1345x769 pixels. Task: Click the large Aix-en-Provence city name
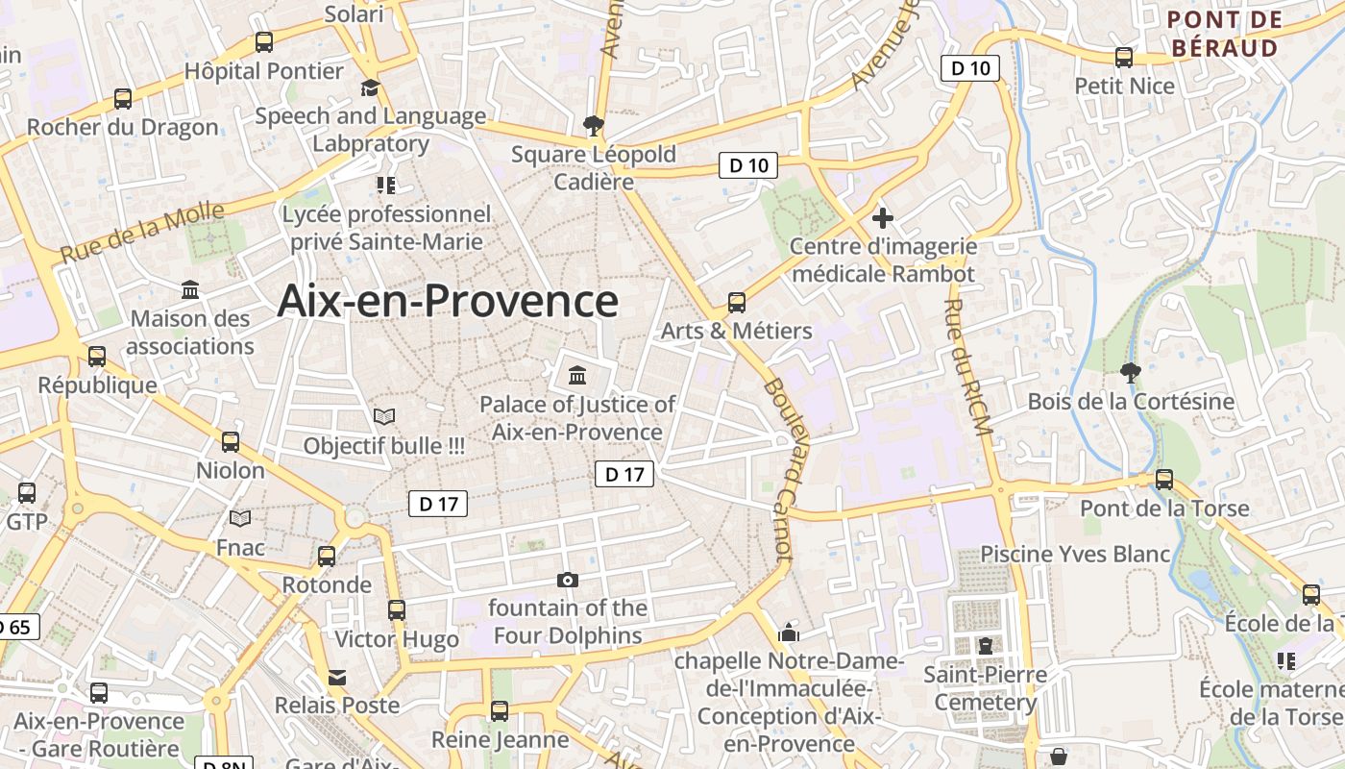pyautogui.click(x=448, y=301)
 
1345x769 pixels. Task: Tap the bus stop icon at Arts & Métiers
pyautogui.click(x=737, y=303)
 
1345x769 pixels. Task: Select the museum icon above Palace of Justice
pyautogui.click(x=577, y=375)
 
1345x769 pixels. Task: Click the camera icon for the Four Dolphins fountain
pyautogui.click(x=568, y=580)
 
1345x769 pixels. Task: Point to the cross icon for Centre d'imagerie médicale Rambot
pyautogui.click(x=882, y=218)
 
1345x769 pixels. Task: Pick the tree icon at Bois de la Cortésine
pyautogui.click(x=1130, y=372)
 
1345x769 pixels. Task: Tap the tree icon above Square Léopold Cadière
pyautogui.click(x=593, y=125)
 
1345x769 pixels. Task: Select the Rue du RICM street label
pyautogui.click(x=967, y=367)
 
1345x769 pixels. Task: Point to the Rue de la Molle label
pyautogui.click(x=142, y=234)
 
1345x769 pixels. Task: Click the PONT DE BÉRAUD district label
pyautogui.click(x=1224, y=34)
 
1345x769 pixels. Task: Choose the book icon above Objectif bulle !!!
pyautogui.click(x=384, y=416)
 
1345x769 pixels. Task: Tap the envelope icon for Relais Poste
pyautogui.click(x=337, y=678)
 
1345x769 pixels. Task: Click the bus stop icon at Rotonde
pyautogui.click(x=327, y=556)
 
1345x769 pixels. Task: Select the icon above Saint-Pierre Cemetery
pyautogui.click(x=985, y=646)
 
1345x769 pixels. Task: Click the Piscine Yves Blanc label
pyautogui.click(x=1075, y=554)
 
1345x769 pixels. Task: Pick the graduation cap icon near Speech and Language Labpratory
pyautogui.click(x=370, y=88)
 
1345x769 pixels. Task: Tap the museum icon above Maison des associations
pyautogui.click(x=190, y=289)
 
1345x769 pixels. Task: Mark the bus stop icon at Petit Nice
pyautogui.click(x=1124, y=58)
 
